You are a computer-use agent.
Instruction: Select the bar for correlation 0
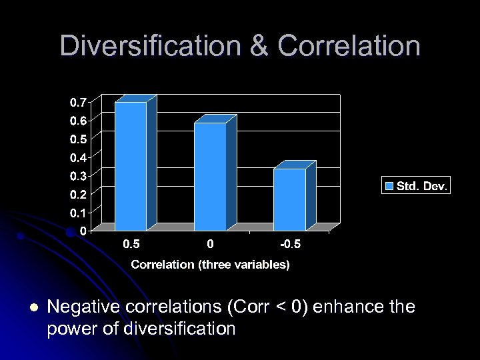click(210, 176)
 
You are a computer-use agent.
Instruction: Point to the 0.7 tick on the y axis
click(77, 103)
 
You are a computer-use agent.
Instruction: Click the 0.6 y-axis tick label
click(77, 121)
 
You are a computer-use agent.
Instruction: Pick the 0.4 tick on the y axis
click(77, 158)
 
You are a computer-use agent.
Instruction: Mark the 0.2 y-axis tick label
click(77, 195)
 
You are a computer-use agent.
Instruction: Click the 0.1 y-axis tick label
click(77, 213)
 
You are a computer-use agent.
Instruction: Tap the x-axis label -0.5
click(290, 245)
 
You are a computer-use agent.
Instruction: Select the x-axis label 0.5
click(131, 245)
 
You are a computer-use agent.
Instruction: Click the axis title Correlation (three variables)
click(210, 265)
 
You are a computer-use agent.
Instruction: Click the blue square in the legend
click(389, 186)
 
